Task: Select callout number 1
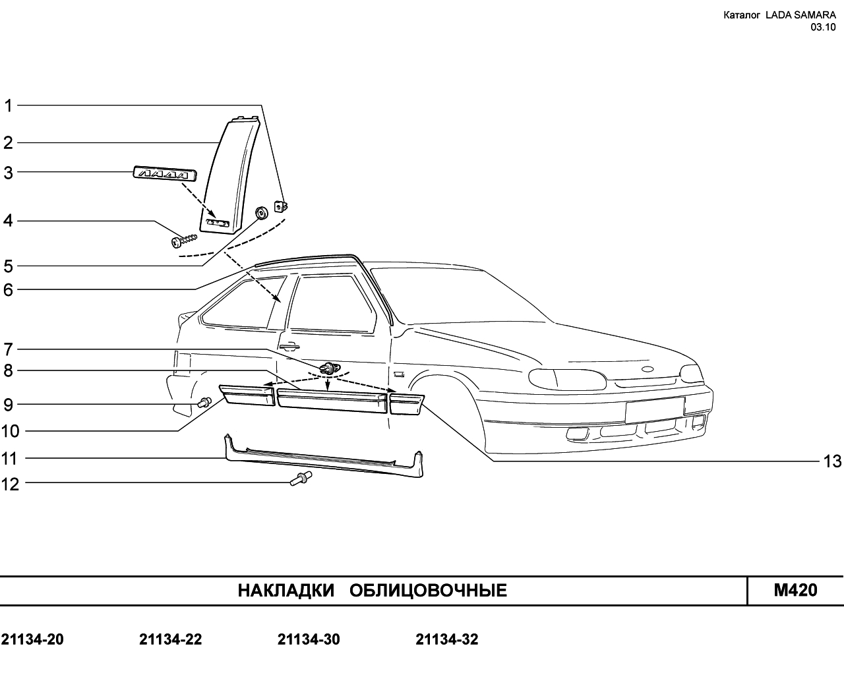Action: (x=9, y=105)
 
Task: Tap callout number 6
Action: (x=9, y=289)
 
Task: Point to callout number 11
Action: (x=10, y=458)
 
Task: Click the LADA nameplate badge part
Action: (x=165, y=173)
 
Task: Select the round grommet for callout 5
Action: (x=261, y=213)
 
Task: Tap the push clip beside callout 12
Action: (x=300, y=479)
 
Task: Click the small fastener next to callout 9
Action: (x=204, y=401)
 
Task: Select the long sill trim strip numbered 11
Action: (x=323, y=457)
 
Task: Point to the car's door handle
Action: (x=288, y=345)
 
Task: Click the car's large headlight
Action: (x=566, y=379)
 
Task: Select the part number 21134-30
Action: (x=309, y=639)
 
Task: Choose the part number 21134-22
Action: (x=170, y=639)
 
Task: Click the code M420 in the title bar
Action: (x=795, y=590)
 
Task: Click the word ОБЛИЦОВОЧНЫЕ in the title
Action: (x=428, y=591)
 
